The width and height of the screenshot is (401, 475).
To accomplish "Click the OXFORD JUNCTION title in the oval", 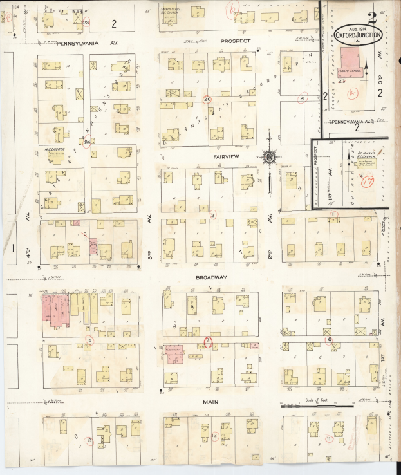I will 358,36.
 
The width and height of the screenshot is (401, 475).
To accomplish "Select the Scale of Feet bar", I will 317,405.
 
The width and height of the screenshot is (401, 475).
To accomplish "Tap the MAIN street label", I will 211,402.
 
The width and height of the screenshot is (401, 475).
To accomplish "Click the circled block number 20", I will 207,99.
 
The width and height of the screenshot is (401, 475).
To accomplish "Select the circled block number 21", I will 303,98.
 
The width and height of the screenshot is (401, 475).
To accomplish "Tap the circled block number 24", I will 87,141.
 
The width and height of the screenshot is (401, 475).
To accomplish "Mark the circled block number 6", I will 90,340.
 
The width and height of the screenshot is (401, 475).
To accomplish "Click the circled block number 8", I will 330,339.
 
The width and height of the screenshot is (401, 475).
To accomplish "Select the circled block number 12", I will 214,436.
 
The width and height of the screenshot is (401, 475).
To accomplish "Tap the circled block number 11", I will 328,440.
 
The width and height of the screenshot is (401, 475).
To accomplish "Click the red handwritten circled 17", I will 368,182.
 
